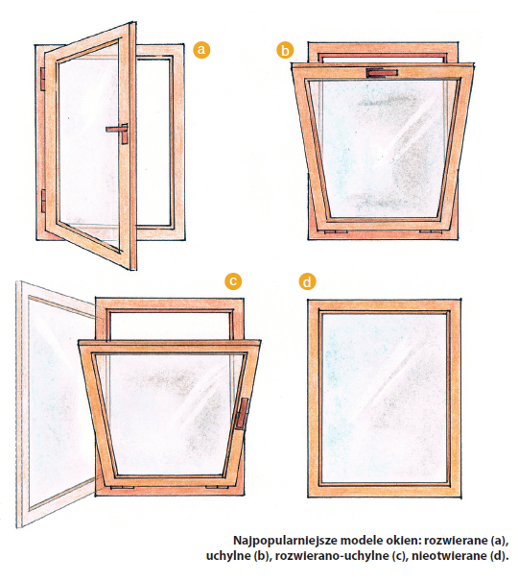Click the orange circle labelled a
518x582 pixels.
tap(201, 50)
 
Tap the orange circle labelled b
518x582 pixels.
tap(285, 50)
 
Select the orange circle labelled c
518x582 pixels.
tap(233, 281)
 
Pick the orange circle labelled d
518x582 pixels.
tap(307, 282)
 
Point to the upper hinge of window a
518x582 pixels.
tap(42, 79)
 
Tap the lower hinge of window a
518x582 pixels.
tap(43, 201)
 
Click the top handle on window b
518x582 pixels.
tap(382, 73)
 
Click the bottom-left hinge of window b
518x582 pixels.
tap(336, 232)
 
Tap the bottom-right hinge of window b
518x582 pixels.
tap(431, 232)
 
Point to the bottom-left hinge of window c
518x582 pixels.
tap(123, 487)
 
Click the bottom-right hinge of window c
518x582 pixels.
tap(218, 487)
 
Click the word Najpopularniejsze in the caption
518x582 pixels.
tap(285, 541)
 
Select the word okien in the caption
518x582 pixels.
tap(403, 540)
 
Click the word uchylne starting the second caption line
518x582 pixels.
tap(228, 556)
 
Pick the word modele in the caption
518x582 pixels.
tap(361, 540)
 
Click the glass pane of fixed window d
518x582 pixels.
tap(384, 398)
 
